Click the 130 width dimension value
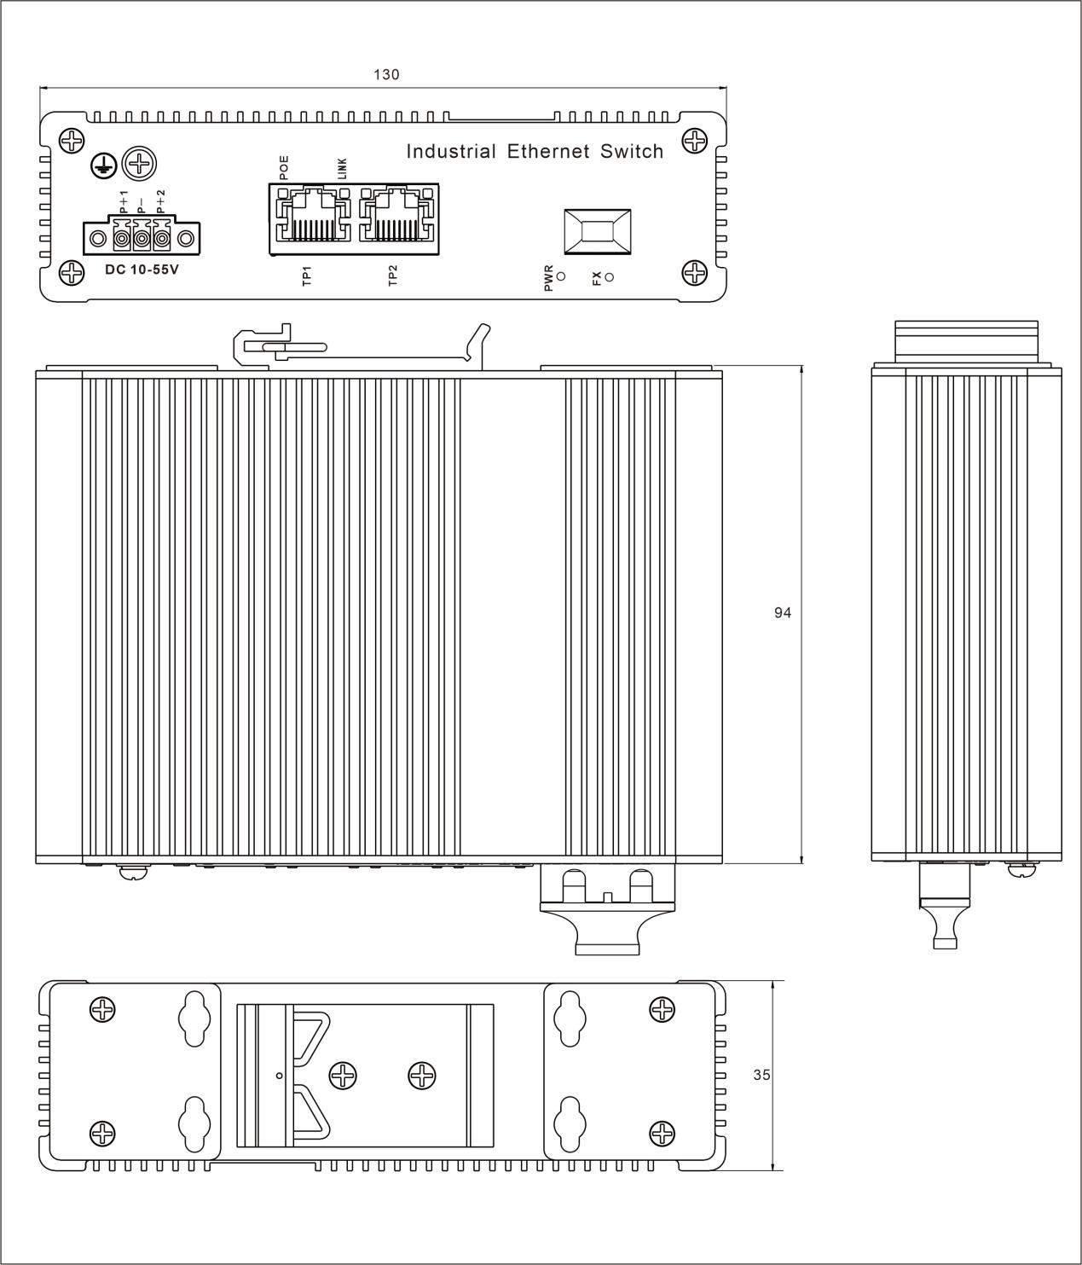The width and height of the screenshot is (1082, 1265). (386, 75)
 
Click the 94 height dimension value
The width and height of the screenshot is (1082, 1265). (783, 612)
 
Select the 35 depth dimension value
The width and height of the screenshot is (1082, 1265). (761, 1076)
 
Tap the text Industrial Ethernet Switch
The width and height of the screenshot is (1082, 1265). (535, 152)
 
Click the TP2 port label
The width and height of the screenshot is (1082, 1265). (393, 276)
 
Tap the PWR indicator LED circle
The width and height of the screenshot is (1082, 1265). (561, 276)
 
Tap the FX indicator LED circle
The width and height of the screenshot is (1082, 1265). (609, 276)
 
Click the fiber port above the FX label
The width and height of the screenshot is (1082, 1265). (597, 231)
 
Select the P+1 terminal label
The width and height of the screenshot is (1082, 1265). (123, 203)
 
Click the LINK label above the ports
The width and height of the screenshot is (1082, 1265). (342, 167)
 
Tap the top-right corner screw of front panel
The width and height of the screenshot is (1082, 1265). (696, 139)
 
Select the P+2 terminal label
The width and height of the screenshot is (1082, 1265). (160, 203)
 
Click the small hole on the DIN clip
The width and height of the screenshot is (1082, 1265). (280, 1076)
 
